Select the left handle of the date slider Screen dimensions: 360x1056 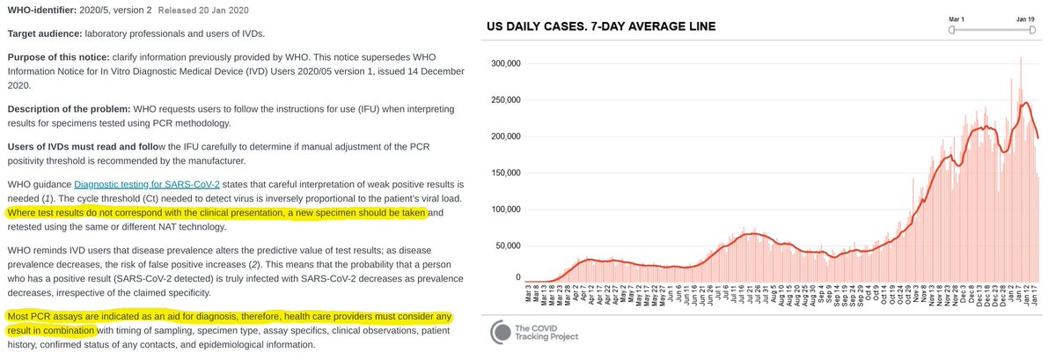pos(951,30)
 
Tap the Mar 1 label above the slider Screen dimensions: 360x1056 pos(958,18)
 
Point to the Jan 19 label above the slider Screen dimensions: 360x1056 pos(1025,18)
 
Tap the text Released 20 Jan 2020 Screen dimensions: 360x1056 pos(197,10)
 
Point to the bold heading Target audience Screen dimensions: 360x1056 pos(44,33)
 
